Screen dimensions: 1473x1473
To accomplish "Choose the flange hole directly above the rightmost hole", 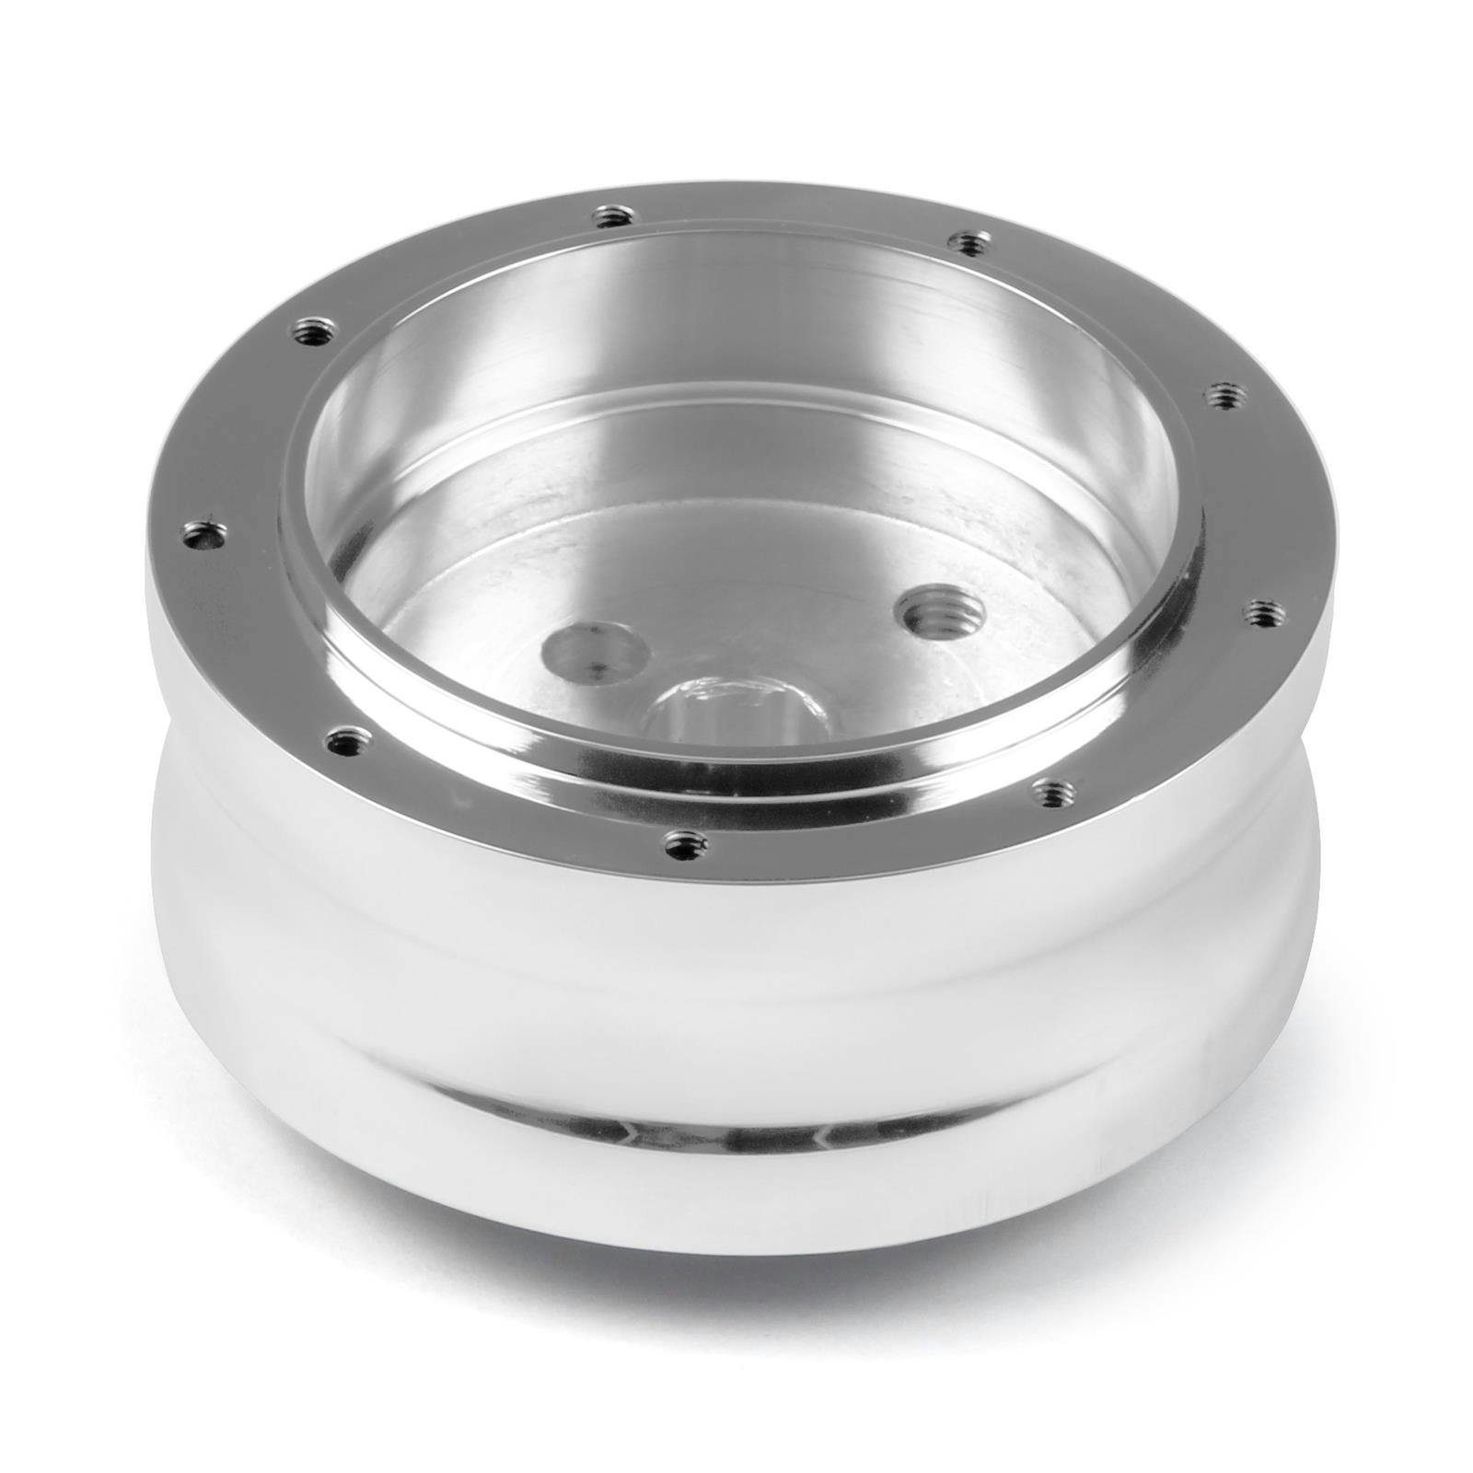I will coord(1222,394).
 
